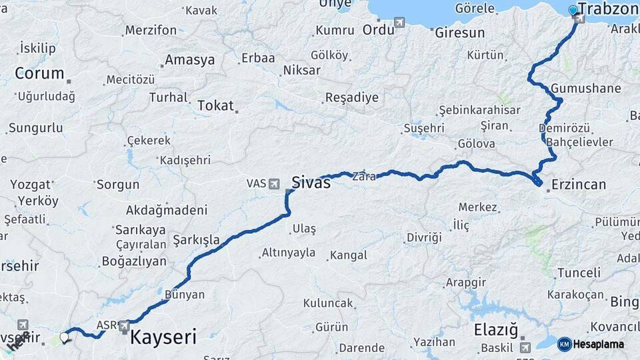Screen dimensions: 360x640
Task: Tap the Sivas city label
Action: pyautogui.click(x=311, y=182)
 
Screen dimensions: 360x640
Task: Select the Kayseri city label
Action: pyautogui.click(x=163, y=337)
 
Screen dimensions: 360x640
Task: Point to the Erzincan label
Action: pyautogui.click(x=579, y=185)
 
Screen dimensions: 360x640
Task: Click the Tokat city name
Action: pyautogui.click(x=215, y=105)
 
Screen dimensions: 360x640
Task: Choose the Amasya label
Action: pyautogui.click(x=190, y=60)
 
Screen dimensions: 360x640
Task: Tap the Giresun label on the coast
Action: pyautogui.click(x=460, y=32)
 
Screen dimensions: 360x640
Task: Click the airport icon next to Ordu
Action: pyautogui.click(x=399, y=23)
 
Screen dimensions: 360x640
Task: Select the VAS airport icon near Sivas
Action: pyautogui.click(x=275, y=183)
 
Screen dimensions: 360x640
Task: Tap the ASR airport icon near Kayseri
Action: pyautogui.click(x=124, y=326)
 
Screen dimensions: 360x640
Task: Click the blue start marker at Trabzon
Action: pyautogui.click(x=573, y=10)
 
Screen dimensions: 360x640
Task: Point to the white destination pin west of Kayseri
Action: pyautogui.click(x=65, y=337)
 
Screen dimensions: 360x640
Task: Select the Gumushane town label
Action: pyautogui.click(x=586, y=89)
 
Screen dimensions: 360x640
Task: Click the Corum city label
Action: pyautogui.click(x=39, y=73)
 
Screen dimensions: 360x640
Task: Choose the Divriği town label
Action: pyautogui.click(x=424, y=237)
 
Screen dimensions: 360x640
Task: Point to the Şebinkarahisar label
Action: pyautogui.click(x=479, y=109)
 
